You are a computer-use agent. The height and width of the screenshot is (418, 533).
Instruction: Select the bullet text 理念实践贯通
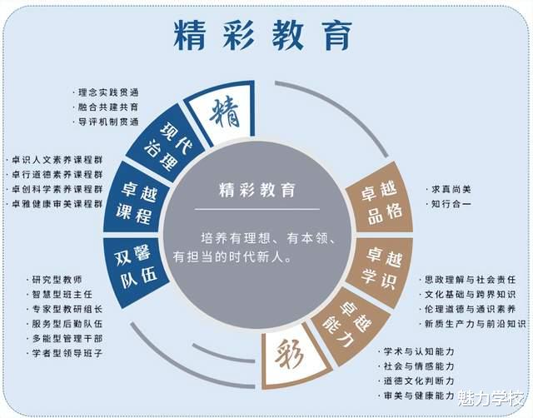tap(107, 92)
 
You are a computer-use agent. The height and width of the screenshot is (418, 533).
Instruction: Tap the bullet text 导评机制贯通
tap(107, 122)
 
